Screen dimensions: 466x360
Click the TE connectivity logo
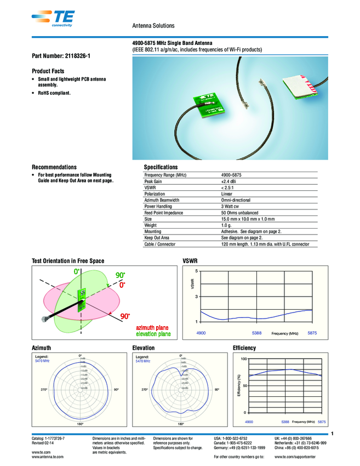[x=56, y=18]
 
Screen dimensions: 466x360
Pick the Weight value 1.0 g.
[x=227, y=225]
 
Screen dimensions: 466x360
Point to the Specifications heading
[x=161, y=167]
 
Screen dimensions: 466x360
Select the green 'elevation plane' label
[x=153, y=334]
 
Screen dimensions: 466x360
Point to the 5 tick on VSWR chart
[x=197, y=271]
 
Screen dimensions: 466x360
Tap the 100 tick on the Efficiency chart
[x=244, y=359]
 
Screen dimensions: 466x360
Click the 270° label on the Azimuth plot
[x=44, y=390]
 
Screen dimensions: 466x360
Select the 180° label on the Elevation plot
[x=181, y=424]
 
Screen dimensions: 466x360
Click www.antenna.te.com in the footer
[x=48, y=456]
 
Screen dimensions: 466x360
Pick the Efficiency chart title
[x=244, y=348]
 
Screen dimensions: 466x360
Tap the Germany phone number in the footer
[x=239, y=447]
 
